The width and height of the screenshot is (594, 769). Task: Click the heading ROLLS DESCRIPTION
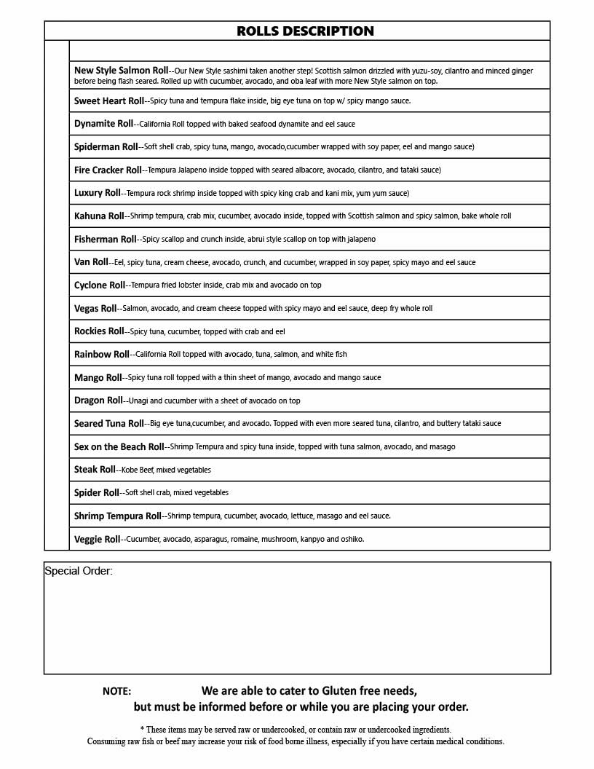305,31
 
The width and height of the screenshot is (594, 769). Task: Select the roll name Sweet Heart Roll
109,101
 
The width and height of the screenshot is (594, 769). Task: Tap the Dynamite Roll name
104,124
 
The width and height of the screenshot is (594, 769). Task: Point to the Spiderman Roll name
106,147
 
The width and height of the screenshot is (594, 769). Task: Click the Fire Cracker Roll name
108,170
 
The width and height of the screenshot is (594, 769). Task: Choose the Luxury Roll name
98,193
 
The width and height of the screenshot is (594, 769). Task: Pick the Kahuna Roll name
99,216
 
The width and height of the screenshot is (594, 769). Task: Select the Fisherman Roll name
106,240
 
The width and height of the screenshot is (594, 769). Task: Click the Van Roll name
91,262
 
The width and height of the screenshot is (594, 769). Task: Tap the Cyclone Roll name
100,285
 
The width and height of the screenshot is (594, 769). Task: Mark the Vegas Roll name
95,309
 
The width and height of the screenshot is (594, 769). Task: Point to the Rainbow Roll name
102,355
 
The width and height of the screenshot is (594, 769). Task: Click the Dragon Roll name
98,401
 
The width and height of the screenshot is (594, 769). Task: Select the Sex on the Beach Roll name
119,446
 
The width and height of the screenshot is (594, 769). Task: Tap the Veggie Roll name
97,540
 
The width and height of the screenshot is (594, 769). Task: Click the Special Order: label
79,571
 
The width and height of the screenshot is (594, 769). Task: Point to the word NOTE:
117,691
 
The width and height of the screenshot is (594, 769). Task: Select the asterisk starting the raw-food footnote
142,729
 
